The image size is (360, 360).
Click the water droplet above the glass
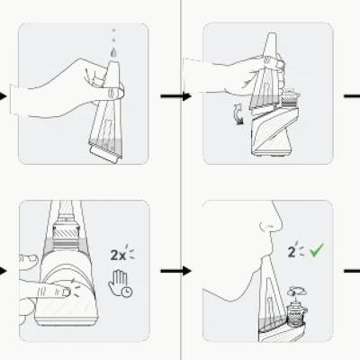[113, 52]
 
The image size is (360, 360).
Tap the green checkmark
[317, 250]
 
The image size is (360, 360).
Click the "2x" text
[118, 256]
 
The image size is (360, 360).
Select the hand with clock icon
[120, 283]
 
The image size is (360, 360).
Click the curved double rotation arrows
[238, 113]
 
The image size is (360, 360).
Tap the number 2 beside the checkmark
[292, 252]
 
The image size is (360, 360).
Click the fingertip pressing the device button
[66, 292]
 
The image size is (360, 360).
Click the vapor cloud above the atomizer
[297, 291]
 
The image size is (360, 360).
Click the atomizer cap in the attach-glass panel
[290, 95]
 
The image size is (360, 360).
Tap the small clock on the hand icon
[128, 292]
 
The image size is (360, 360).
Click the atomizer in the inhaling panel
[295, 315]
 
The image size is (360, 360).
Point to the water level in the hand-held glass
[105, 143]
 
